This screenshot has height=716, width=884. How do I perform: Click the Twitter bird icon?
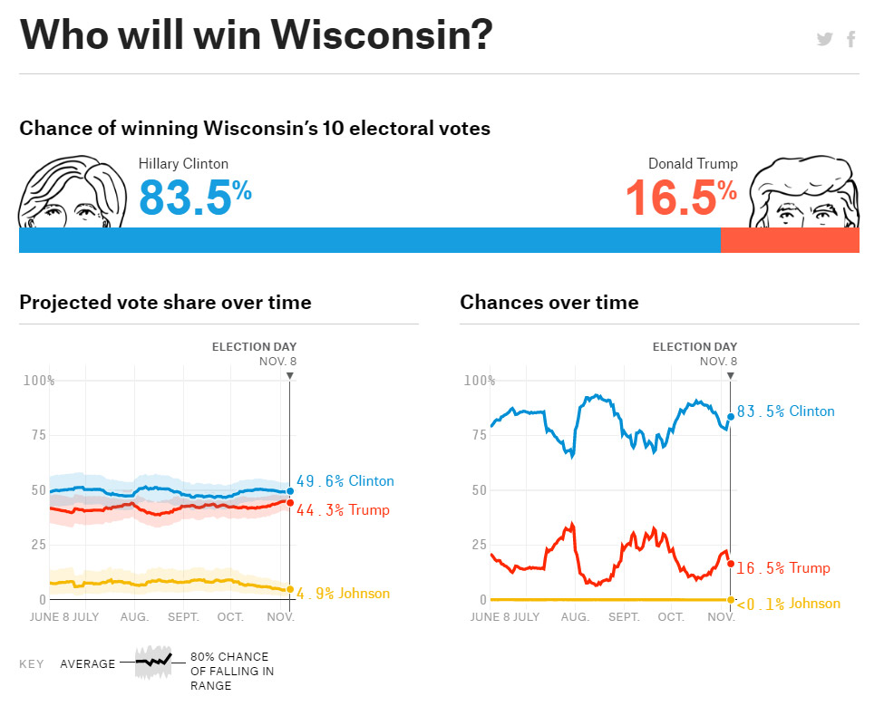pyautogui.click(x=824, y=39)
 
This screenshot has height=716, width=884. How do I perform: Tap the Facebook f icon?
pyautogui.click(x=851, y=39)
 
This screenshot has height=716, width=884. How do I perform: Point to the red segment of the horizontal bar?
pyautogui.click(x=790, y=240)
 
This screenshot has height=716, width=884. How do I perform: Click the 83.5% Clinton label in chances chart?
pyautogui.click(x=785, y=411)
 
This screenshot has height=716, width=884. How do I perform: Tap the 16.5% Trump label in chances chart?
pyautogui.click(x=782, y=568)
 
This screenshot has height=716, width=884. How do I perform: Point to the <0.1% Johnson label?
pyautogui.click(x=788, y=604)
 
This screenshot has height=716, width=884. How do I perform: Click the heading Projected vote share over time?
pyautogui.click(x=165, y=303)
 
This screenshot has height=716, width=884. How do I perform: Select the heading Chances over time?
pyautogui.click(x=549, y=303)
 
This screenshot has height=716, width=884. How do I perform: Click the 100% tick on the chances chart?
pyautogui.click(x=480, y=381)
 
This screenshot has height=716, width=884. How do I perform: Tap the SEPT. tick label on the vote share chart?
pyautogui.click(x=182, y=617)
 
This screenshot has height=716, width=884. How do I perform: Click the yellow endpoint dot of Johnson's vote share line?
pyautogui.click(x=290, y=590)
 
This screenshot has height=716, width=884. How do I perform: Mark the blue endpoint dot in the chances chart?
pyautogui.click(x=731, y=417)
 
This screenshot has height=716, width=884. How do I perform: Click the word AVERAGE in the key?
pyautogui.click(x=88, y=664)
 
